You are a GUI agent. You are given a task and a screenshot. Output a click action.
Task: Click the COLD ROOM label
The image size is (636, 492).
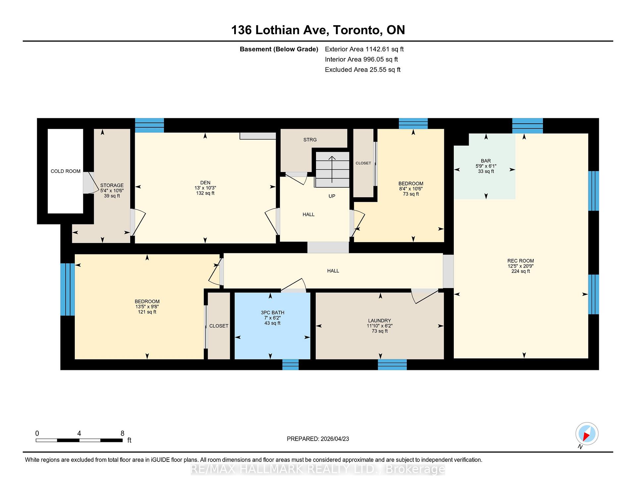pyautogui.click(x=66, y=171)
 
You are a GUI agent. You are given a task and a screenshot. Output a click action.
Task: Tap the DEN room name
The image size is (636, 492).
pyautogui.click(x=205, y=183)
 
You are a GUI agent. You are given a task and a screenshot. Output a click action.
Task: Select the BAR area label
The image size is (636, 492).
pyautogui.click(x=486, y=161)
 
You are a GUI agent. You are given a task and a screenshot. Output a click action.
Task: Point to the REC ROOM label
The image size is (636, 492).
pyautogui.click(x=521, y=261)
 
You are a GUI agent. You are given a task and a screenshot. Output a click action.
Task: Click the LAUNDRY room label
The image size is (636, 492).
pyautogui.click(x=380, y=321)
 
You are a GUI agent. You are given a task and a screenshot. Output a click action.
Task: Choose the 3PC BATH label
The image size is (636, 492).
pyautogui.click(x=273, y=313)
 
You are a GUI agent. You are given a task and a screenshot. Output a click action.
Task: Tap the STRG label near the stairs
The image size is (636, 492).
pyautogui.click(x=310, y=140)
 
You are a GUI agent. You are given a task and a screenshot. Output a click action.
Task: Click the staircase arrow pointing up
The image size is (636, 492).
pyautogui.click(x=332, y=169)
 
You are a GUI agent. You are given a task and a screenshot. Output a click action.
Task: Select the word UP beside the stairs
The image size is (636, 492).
pyautogui.click(x=332, y=196)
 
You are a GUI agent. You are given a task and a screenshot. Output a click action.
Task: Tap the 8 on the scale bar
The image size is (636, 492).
pyautogui.click(x=122, y=433)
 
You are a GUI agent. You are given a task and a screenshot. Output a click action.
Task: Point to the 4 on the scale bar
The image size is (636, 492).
pyautogui.click(x=79, y=433)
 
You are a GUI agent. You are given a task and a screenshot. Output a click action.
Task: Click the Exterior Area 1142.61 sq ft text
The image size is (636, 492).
pyautogui.click(x=364, y=49)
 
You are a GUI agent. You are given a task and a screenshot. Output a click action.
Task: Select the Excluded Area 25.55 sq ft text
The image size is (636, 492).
pyautogui.click(x=363, y=70)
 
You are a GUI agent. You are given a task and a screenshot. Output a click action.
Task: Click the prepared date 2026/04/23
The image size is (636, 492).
pyautogui.click(x=335, y=439)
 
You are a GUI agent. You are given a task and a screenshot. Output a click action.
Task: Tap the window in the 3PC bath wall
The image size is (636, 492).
pyautogui.click(x=291, y=365)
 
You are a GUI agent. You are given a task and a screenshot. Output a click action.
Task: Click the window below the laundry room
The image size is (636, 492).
pyautogui.click(x=393, y=365)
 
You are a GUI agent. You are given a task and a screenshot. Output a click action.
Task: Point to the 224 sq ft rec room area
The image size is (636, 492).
pyautogui.click(x=521, y=272)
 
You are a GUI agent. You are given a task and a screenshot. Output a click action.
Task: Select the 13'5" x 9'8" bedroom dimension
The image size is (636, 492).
pyautogui.click(x=147, y=307)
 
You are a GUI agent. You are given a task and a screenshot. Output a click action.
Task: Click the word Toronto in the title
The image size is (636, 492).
pyautogui.click(x=356, y=30)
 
